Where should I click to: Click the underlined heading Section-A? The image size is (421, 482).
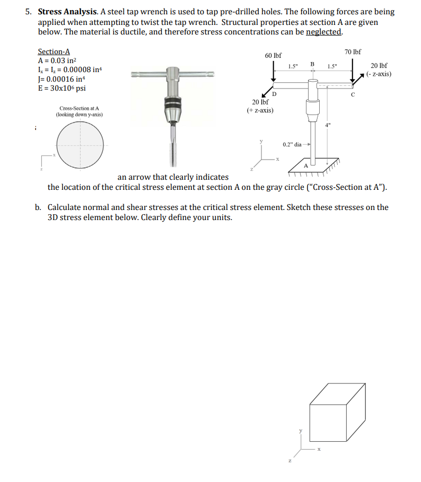coord(54,51)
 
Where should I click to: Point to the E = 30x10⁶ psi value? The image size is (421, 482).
coord(62,88)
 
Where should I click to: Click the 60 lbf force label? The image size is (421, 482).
coord(273,55)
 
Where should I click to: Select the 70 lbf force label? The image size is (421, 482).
coord(353,51)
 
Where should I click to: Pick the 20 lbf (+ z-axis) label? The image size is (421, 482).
coord(260,106)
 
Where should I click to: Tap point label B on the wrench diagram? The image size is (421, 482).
coord(312,64)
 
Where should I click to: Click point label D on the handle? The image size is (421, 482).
coord(274,94)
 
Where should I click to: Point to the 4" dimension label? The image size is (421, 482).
coord(329,125)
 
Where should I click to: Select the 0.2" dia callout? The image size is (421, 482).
coord(293,144)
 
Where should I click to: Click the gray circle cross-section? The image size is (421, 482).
coord(81,144)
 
